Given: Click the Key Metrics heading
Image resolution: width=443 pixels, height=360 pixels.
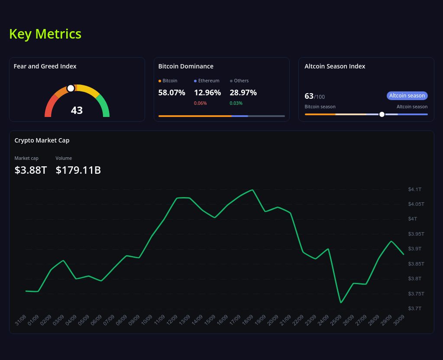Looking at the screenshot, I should point(45,34).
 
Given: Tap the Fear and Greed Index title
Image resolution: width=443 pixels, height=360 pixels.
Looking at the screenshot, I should point(45,66).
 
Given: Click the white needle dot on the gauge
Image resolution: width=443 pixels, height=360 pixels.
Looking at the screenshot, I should point(71,88).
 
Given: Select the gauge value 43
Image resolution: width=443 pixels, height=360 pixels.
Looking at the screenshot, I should point(77,110).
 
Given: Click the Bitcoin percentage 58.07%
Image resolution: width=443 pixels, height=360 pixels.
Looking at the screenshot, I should point(171,92).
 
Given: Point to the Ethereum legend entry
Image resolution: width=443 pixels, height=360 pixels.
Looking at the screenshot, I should point(207,81).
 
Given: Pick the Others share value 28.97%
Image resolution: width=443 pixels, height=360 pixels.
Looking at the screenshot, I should point(243,92).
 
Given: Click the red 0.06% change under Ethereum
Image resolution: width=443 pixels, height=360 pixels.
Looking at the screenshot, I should point(200,103).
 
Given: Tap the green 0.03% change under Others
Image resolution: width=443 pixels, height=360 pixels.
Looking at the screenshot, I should point(236,103).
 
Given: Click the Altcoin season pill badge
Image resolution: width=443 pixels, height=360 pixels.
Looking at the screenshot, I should point(407,96).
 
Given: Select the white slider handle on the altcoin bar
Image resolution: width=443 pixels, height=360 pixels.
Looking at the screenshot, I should point(382,114).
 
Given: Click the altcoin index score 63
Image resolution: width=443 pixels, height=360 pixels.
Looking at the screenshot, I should point(309,96).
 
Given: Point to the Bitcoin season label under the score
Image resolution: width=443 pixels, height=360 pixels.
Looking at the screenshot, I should point(320,107).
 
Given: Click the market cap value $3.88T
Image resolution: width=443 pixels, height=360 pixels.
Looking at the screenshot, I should point(31,170).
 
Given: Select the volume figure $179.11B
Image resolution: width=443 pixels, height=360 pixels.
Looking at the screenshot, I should point(78,170).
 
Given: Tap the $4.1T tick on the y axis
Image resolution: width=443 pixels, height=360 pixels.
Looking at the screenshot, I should point(414,189).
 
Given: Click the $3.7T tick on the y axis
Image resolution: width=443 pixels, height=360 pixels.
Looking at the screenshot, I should point(414,308).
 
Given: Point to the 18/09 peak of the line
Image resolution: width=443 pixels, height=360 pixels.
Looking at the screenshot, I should point(252,190).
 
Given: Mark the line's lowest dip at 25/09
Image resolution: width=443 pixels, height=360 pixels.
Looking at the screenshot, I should point(341,302).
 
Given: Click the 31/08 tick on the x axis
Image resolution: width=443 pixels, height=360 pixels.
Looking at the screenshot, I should point(21,321).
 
